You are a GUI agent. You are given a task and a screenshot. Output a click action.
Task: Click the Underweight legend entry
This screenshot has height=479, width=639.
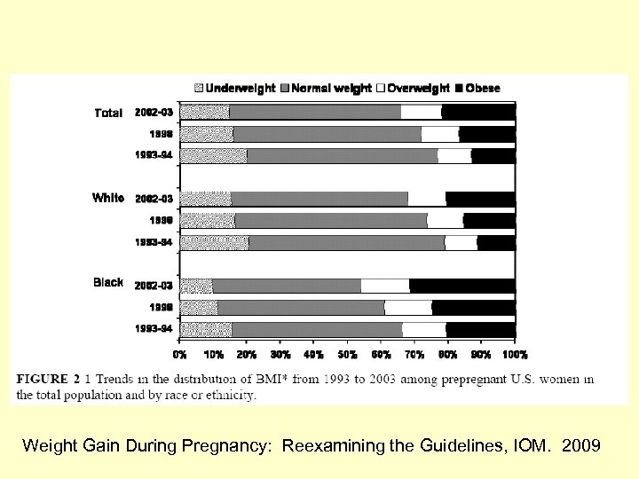point(235,88)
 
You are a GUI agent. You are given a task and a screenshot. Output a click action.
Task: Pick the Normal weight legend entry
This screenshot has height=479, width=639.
point(326,88)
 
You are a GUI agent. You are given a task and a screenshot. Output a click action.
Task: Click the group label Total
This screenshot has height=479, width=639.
point(108,113)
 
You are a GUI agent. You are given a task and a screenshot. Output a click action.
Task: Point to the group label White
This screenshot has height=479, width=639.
point(108,198)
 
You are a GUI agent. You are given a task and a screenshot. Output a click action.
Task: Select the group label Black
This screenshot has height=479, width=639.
point(108,282)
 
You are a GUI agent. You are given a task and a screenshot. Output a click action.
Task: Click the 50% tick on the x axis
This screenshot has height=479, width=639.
point(347,355)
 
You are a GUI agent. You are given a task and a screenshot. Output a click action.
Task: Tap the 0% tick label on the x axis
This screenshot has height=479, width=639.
point(180,355)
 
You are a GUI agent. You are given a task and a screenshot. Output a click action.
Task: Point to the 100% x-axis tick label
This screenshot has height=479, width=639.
point(515,355)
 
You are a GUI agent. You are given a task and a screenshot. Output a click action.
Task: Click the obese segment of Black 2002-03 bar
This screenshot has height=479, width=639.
point(461,286)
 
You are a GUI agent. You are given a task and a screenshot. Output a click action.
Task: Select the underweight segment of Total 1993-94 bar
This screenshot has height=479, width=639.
point(213,156)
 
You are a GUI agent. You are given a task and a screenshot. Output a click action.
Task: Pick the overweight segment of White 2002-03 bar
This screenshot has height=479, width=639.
point(427,199)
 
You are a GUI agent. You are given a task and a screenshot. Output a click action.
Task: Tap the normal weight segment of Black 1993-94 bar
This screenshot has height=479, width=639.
point(317,329)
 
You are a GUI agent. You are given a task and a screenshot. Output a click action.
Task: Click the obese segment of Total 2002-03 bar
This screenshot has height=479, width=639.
point(478,112)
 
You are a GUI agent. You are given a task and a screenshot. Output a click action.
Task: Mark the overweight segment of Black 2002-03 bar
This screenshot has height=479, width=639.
point(385,286)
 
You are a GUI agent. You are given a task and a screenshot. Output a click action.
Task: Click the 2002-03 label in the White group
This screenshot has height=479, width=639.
point(154,199)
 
